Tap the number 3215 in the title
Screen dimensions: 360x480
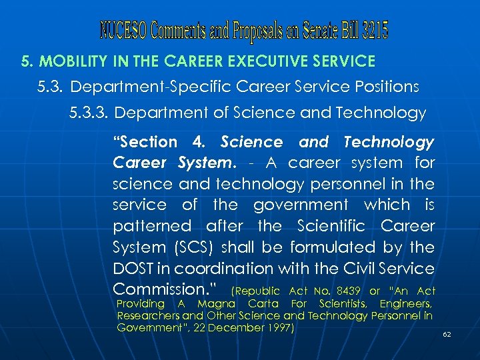point(373,30)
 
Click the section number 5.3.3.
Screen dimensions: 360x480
point(89,113)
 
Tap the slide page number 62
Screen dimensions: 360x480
point(447,334)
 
